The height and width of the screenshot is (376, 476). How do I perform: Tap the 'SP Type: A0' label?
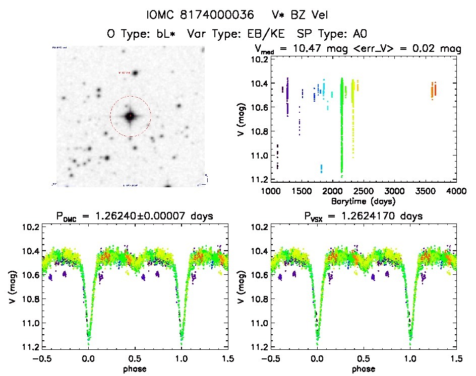(331, 34)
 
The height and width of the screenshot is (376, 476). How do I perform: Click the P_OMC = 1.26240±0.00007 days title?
(135, 216)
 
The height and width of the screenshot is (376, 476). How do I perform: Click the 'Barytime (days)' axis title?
(364, 201)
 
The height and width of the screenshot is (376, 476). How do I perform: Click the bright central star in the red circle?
(130, 116)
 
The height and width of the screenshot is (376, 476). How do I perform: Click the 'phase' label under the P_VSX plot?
(364, 368)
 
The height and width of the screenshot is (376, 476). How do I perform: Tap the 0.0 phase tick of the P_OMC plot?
(89, 359)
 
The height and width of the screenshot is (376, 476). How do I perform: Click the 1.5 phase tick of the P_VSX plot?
(456, 359)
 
